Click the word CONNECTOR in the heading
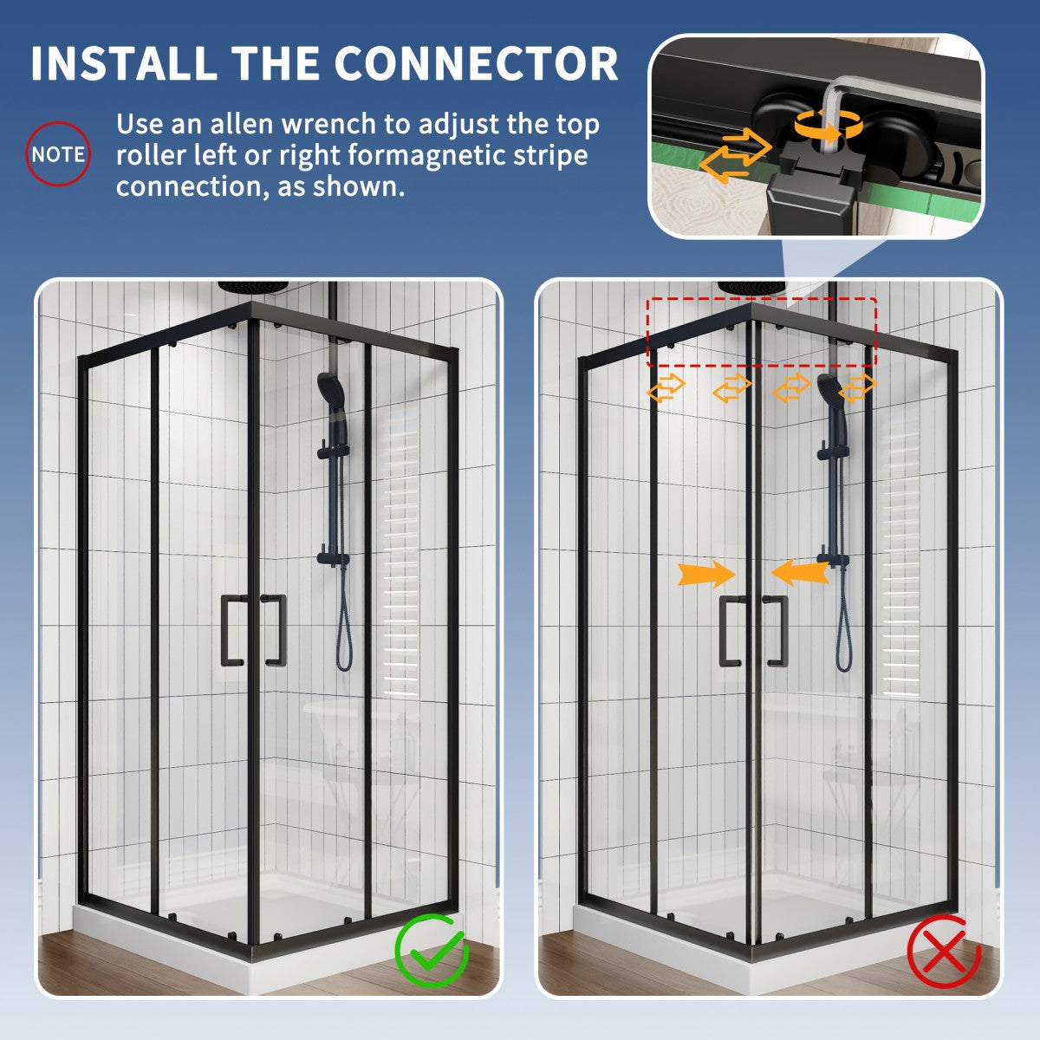476,63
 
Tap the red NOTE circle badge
58,154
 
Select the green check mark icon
432,952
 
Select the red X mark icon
944,952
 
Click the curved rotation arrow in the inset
830,127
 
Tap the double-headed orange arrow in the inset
734,155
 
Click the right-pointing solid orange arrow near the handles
707,574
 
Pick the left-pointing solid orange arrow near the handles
799,572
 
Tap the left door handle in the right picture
730,632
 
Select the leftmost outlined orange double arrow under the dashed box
666,388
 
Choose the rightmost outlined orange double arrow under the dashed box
856,388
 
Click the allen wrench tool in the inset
835,95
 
